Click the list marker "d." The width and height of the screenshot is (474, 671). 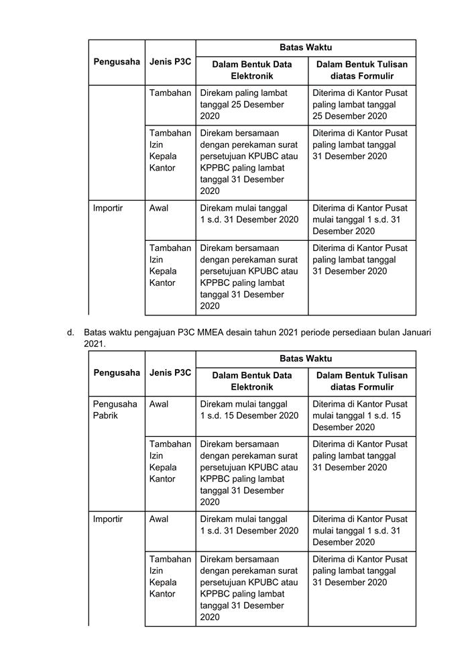point(70,332)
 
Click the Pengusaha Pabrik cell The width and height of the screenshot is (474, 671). point(115,410)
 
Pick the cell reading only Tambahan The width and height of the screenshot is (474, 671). point(170,93)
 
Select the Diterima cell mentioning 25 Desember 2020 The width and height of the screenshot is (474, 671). point(361,104)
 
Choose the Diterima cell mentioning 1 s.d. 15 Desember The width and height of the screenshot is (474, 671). point(361,415)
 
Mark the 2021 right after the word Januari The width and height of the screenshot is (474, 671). point(94,344)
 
